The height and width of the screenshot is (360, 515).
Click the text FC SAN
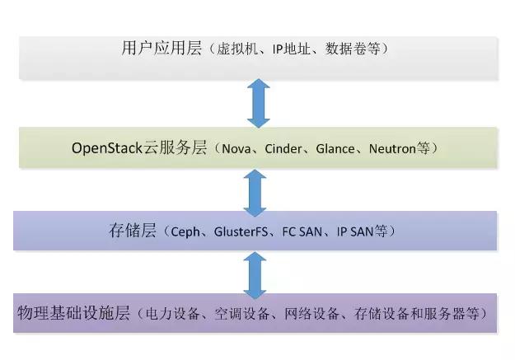(303, 231)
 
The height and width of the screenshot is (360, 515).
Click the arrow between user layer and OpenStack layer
(259, 102)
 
